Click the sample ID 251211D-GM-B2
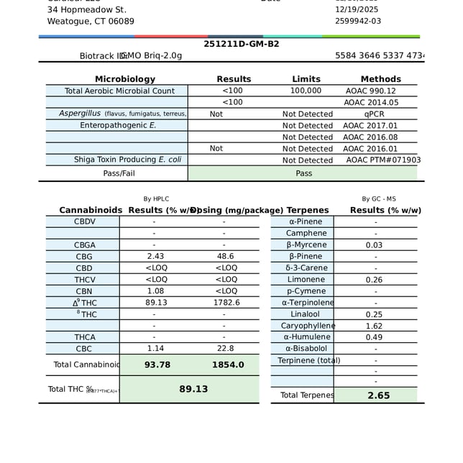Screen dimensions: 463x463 coord(242,44)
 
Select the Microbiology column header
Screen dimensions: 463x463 coord(125,79)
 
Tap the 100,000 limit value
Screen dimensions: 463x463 coord(306,91)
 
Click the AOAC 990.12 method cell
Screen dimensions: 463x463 coord(371,91)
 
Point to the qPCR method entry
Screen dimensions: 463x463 coord(375,114)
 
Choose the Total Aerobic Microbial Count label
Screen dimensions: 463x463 coord(119,91)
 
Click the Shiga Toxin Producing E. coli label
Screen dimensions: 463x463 coord(127,160)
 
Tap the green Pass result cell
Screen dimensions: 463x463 coord(303,173)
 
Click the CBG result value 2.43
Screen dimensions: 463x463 coord(156,257)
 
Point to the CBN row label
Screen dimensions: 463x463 coord(84,291)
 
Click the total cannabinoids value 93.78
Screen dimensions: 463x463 coord(157,365)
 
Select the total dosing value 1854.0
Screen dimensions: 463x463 coord(228,365)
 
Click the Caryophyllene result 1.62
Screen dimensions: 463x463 coord(374,326)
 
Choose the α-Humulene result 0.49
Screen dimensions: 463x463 coord(374,337)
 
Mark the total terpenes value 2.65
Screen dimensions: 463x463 coord(378,395)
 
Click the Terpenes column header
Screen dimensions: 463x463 coord(307,211)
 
